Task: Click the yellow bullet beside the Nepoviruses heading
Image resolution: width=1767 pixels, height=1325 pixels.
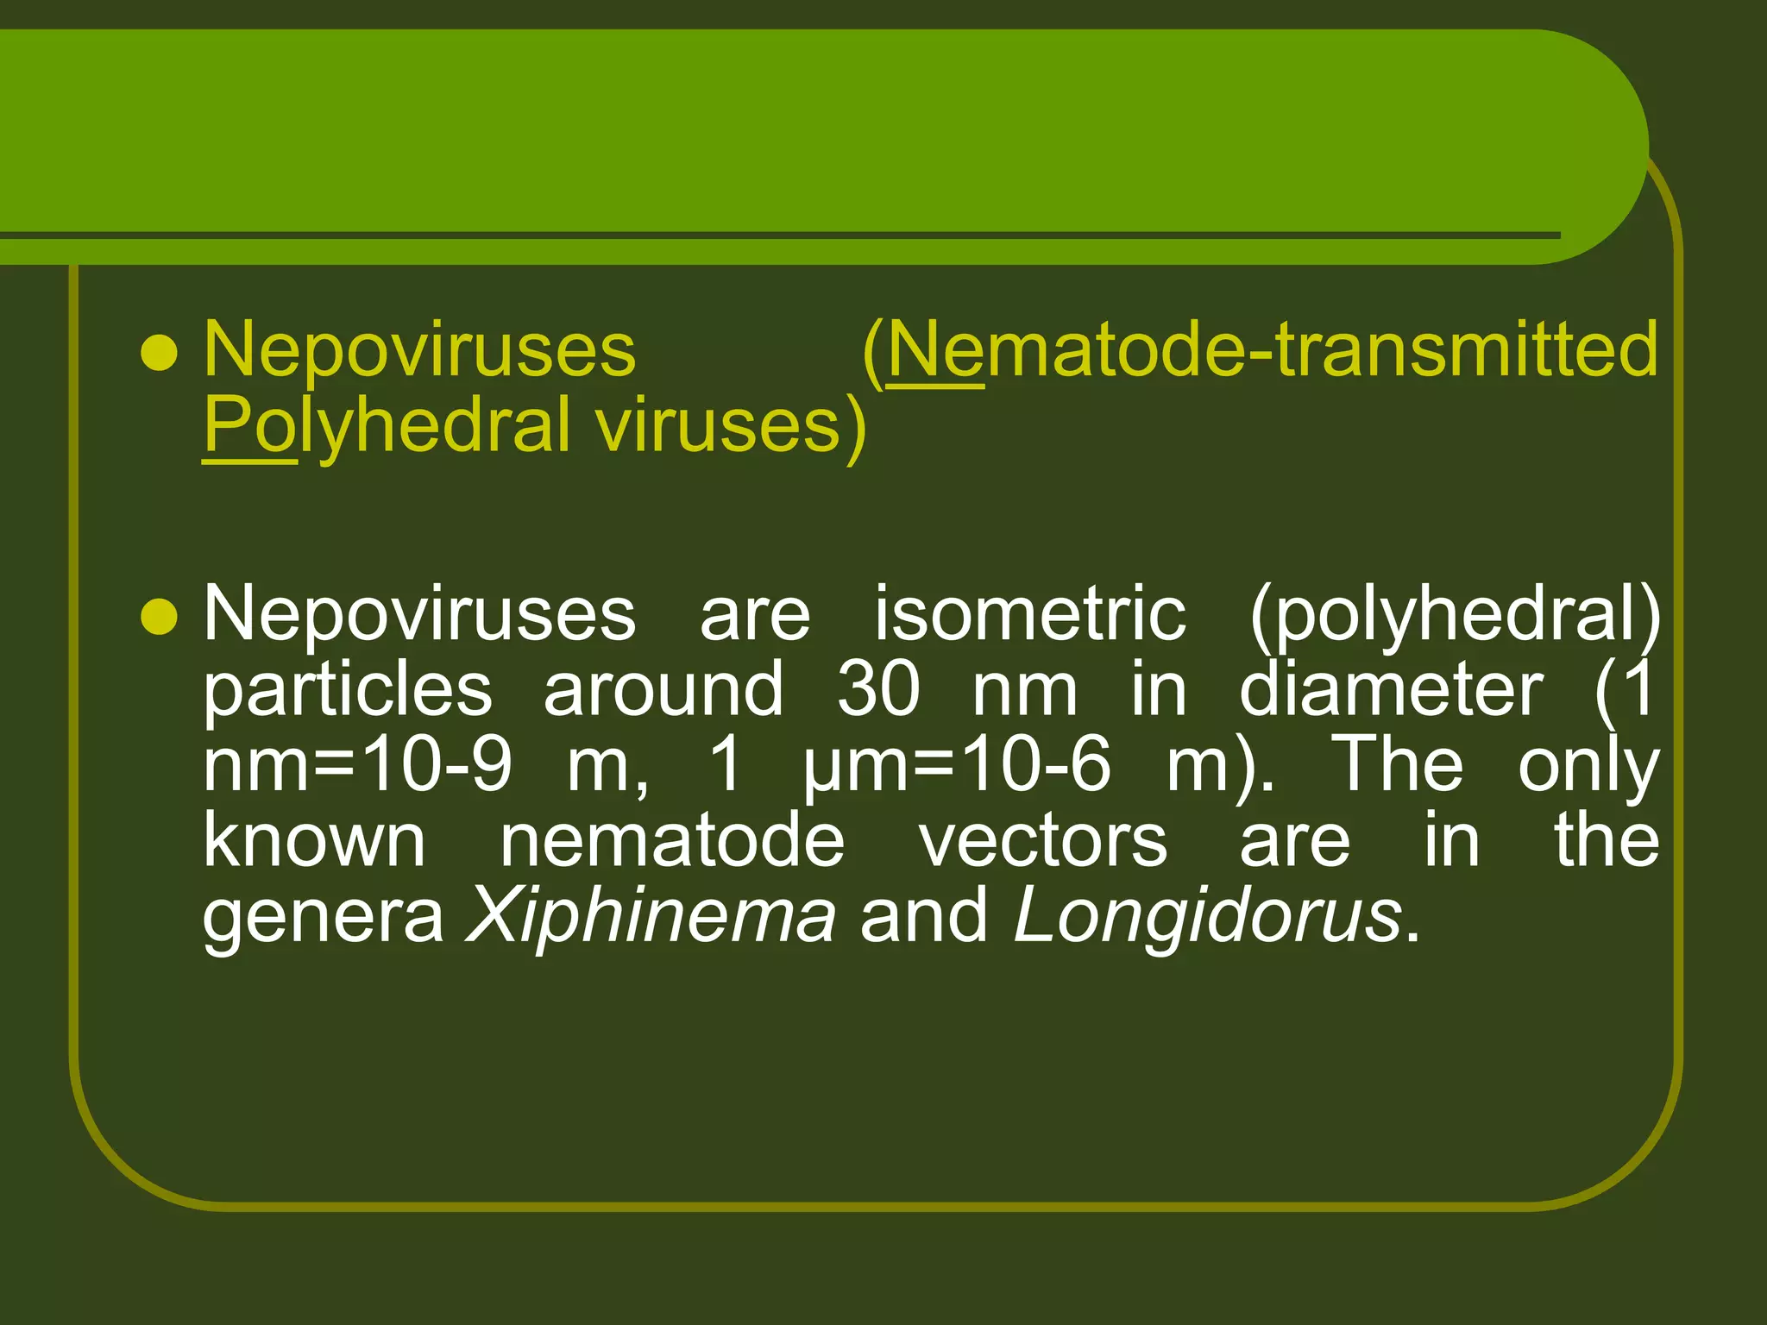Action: pos(159,353)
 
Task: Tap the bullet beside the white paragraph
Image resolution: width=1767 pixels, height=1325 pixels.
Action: pos(159,617)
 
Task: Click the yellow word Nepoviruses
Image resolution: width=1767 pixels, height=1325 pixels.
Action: pos(419,349)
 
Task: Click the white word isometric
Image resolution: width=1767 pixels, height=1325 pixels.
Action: pos(1030,613)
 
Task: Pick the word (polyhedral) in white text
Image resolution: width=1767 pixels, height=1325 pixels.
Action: pos(1454,615)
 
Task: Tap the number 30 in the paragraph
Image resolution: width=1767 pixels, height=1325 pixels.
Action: pos(878,689)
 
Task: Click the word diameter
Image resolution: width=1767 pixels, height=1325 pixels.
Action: pos(1391,689)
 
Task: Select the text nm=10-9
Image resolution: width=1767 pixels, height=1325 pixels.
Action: pos(357,765)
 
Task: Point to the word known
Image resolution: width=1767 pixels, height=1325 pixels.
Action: pos(314,841)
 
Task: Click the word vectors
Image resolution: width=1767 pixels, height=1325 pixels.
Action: pos(1043,841)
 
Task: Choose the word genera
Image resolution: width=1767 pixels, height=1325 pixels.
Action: pos(324,918)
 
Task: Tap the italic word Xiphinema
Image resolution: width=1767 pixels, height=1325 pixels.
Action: pos(651,916)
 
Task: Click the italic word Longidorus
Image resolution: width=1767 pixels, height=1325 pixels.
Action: pos(1207,916)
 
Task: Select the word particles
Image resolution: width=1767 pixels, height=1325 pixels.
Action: pos(348,689)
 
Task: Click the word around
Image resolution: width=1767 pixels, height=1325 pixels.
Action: pos(663,689)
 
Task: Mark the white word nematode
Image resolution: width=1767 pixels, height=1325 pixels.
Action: pos(672,841)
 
